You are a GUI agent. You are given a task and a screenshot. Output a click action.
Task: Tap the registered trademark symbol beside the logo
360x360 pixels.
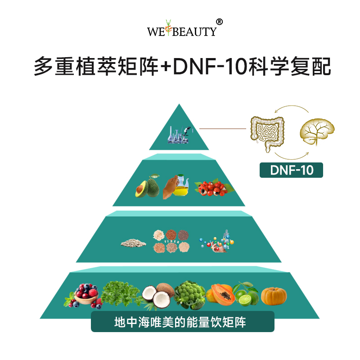[x=219, y=22]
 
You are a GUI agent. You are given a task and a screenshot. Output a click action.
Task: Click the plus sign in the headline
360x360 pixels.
[x=166, y=67]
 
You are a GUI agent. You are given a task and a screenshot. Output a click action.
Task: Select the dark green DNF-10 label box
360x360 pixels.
[x=291, y=170]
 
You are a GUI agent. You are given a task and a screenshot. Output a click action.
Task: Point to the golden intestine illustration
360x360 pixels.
[x=267, y=134]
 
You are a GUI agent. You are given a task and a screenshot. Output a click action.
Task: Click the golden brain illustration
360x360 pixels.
[x=317, y=131]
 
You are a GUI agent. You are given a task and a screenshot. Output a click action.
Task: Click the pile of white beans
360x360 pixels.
[x=133, y=243]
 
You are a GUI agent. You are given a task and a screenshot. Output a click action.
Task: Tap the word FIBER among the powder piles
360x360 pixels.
[x=172, y=242]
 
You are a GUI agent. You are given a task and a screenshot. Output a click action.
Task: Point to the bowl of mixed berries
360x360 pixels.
[x=85, y=295]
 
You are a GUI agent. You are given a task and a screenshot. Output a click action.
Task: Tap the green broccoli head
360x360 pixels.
[x=189, y=295]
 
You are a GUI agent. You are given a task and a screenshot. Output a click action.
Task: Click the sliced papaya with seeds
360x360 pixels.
[x=221, y=295]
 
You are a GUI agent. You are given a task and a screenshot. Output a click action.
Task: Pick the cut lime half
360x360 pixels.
[x=245, y=300]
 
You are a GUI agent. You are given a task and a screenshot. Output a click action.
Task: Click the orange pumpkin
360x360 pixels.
[x=274, y=296]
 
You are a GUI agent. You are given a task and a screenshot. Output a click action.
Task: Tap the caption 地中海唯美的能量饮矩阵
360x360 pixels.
[x=180, y=322]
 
